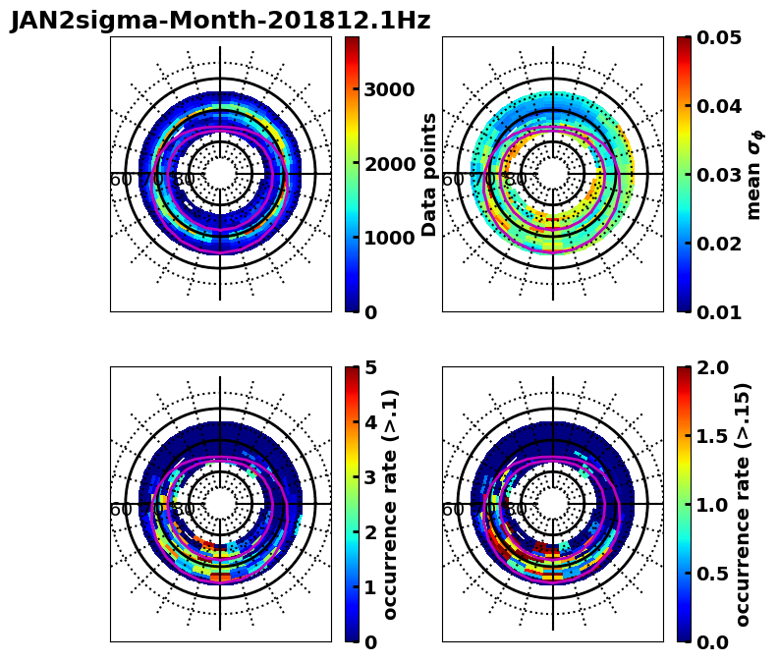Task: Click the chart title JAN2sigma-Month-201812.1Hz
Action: point(220,21)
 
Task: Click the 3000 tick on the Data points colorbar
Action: point(389,90)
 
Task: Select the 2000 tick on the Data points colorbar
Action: point(389,164)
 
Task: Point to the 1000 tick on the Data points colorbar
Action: point(389,238)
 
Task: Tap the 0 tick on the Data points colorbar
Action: point(370,312)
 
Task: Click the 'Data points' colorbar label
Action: point(429,174)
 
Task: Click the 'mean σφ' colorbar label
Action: point(754,174)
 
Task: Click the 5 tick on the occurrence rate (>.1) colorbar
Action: point(370,367)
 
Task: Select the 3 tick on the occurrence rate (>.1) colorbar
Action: point(370,477)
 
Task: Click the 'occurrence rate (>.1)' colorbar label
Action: point(391,504)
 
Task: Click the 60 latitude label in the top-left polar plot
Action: point(121,180)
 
